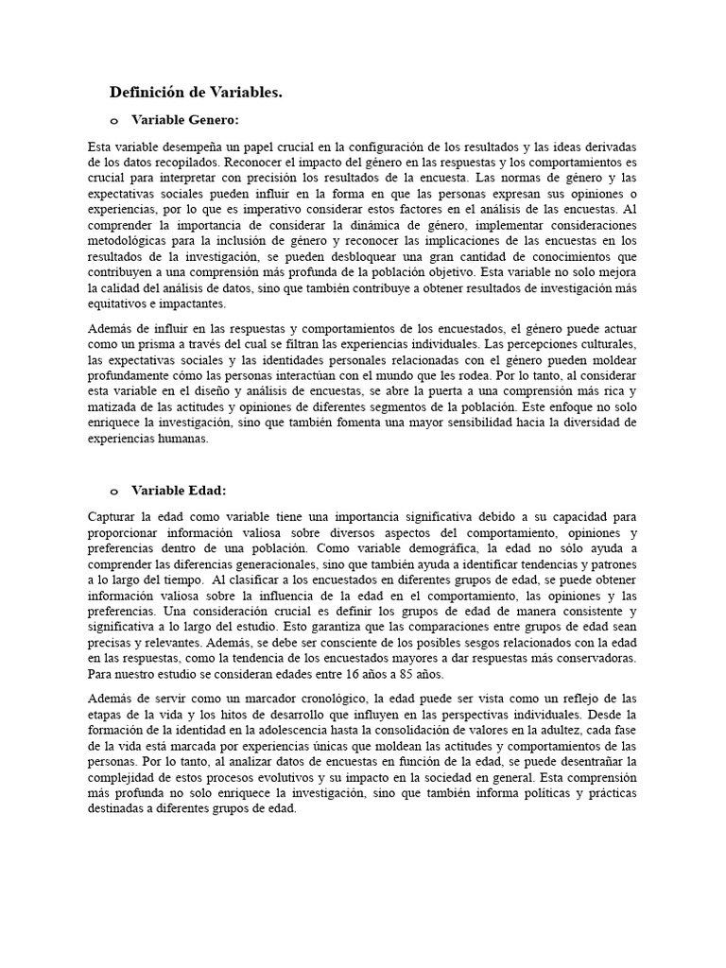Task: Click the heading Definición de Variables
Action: click(x=196, y=92)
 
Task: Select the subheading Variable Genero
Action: click(x=184, y=120)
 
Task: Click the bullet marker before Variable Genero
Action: click(x=114, y=121)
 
